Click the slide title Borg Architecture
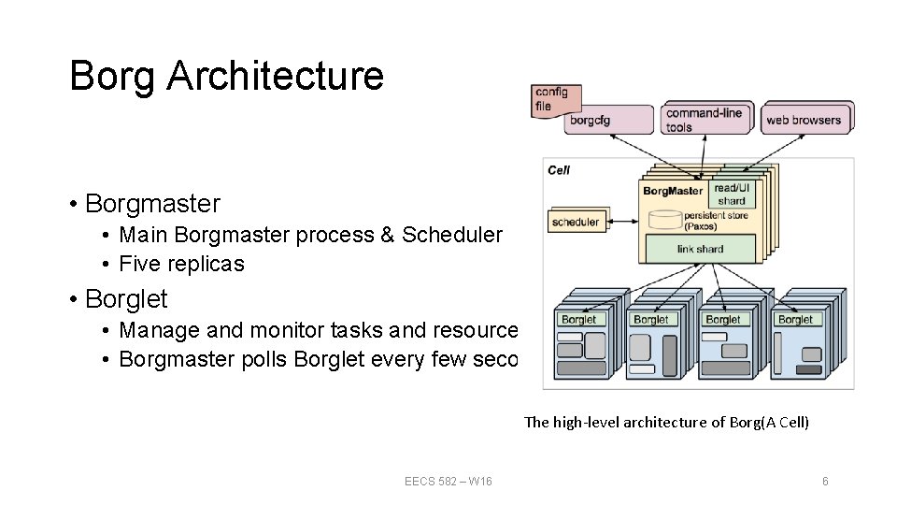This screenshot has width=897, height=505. tap(226, 76)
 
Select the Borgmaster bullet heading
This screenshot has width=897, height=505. tap(152, 203)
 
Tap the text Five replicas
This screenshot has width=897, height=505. tap(181, 264)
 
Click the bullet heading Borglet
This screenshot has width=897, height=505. tap(126, 299)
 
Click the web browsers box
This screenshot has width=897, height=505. tap(804, 120)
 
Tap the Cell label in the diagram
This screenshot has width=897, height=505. tap(559, 170)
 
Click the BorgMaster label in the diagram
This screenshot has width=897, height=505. tap(673, 192)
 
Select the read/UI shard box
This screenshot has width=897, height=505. tap(732, 195)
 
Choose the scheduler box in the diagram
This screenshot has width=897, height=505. tap(576, 223)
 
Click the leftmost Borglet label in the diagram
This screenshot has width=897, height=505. tap(578, 320)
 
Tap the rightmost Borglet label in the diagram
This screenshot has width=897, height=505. tap(795, 320)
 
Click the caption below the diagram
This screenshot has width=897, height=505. tap(666, 422)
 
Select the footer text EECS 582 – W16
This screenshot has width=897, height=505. tap(448, 481)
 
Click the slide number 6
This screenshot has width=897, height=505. tap(825, 481)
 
